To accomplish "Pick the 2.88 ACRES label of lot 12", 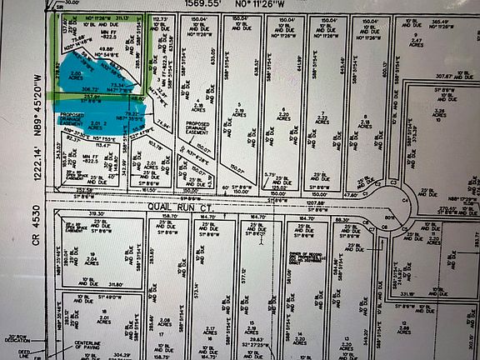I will click(427, 330).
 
